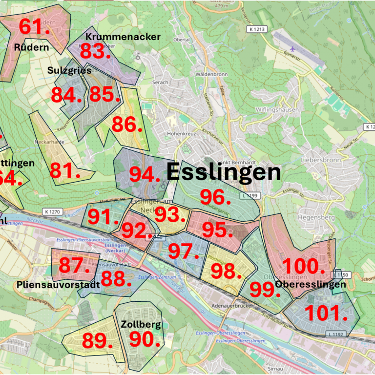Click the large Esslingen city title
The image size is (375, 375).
point(224,172)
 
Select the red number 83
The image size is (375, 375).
point(95,51)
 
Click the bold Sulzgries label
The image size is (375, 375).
point(69,70)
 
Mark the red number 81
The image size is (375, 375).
point(65,171)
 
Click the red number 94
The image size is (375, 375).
point(145,174)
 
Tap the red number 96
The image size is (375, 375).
point(215,197)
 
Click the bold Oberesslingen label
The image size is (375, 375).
point(310,284)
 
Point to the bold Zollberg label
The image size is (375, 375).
point(140,324)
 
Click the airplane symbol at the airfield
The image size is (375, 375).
point(292,49)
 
